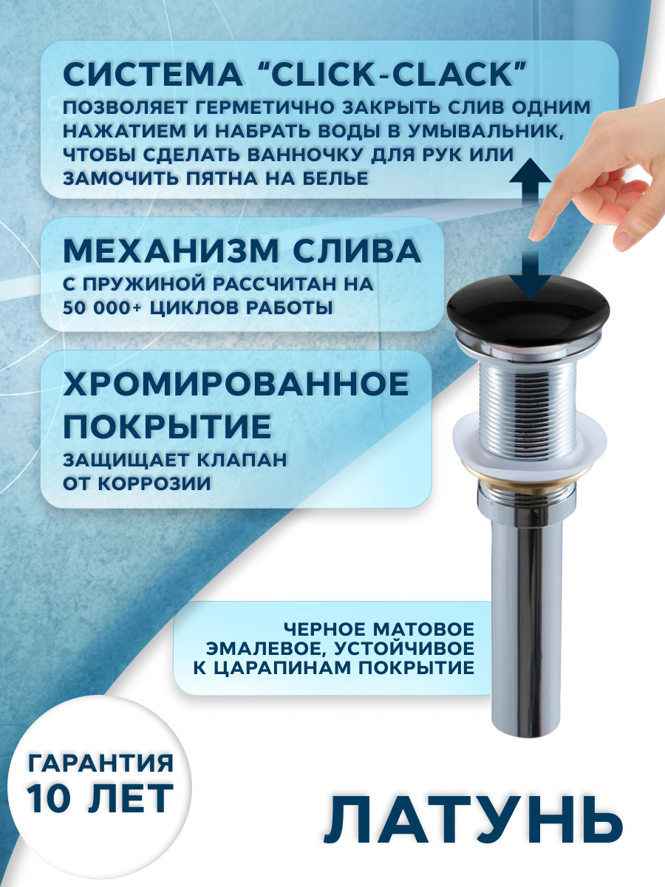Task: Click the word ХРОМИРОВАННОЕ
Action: click(236, 384)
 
